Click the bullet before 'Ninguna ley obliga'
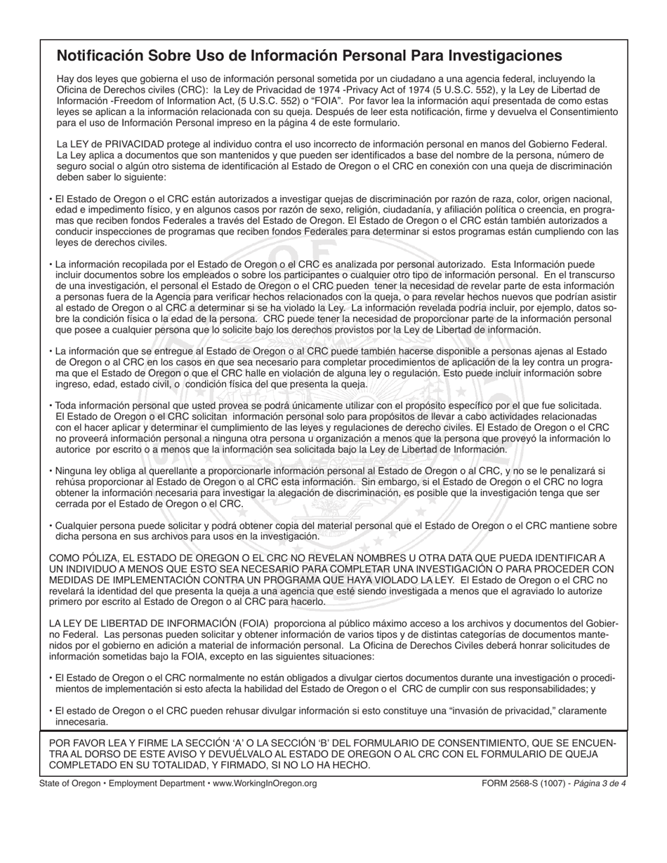[x=51, y=471]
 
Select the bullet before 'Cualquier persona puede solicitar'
[x=51, y=526]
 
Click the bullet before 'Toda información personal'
[x=51, y=406]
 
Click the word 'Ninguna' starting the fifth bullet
[x=72, y=471]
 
